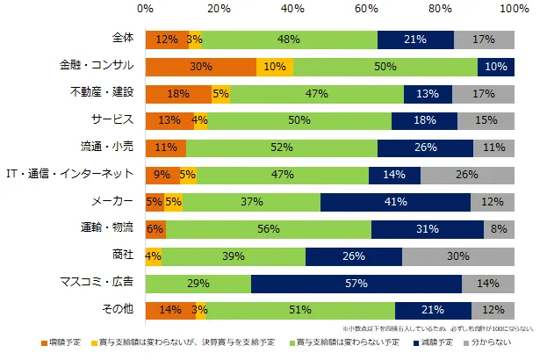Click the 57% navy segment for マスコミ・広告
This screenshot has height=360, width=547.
click(356, 284)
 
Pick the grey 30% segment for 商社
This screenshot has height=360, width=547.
click(458, 256)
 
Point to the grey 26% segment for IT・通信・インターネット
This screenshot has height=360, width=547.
click(467, 176)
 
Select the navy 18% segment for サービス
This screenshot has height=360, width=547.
click(424, 121)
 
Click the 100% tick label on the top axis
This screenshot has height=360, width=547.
click(513, 9)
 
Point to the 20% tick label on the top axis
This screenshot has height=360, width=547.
click(220, 9)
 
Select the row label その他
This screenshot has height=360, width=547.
click(117, 311)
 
